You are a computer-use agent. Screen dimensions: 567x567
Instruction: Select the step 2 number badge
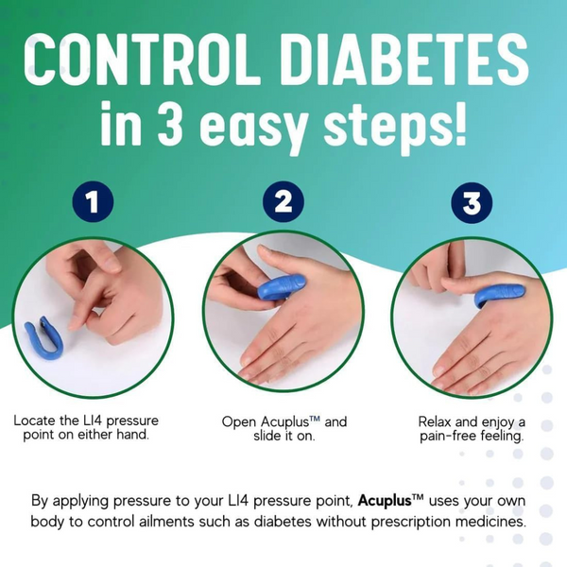tap(284, 201)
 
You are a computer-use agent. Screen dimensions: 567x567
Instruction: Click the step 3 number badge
tap(472, 201)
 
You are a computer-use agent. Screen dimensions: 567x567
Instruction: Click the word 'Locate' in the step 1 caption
tap(37, 420)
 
